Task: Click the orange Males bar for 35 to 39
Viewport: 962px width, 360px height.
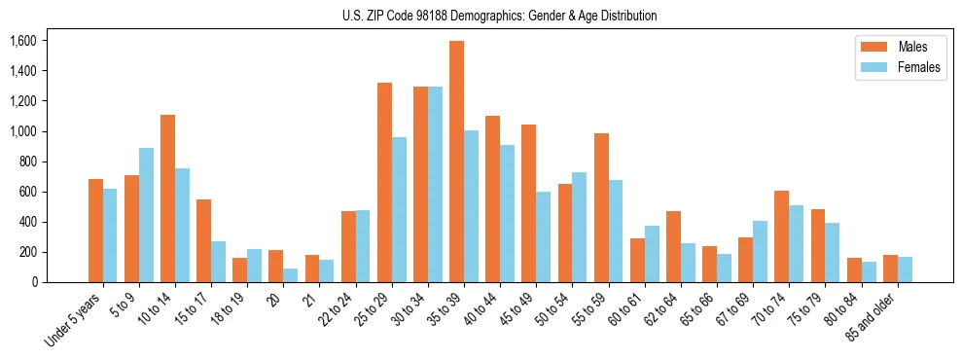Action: click(x=456, y=162)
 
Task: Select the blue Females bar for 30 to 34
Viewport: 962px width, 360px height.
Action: click(x=435, y=185)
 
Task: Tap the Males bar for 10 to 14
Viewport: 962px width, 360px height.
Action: click(x=167, y=198)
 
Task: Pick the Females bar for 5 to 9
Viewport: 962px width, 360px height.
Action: click(x=146, y=215)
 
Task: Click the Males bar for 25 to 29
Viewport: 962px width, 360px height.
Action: click(x=384, y=183)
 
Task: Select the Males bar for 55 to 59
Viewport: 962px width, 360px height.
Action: click(x=601, y=207)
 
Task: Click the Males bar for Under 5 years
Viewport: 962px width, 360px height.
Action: click(x=95, y=231)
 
